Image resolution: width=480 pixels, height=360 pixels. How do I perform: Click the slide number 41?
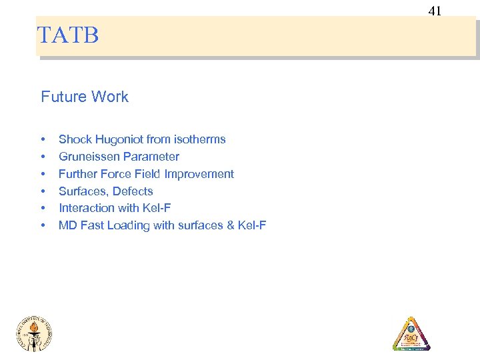click(x=435, y=10)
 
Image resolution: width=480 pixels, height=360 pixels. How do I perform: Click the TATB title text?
click(x=68, y=35)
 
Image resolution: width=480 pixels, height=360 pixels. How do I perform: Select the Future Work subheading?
click(x=85, y=97)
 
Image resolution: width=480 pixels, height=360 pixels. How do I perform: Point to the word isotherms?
click(x=199, y=139)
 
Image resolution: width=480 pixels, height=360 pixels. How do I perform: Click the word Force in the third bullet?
click(x=117, y=174)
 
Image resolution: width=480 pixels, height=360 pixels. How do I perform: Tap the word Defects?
click(x=133, y=191)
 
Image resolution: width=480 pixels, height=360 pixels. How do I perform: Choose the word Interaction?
click(x=87, y=208)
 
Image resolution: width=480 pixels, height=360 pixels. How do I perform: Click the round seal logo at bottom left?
click(x=34, y=332)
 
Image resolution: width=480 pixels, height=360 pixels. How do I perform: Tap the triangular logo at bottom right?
click(x=411, y=334)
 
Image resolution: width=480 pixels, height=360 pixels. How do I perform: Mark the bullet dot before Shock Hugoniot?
click(x=43, y=140)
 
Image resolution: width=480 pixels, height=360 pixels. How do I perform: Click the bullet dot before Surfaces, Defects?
click(x=43, y=192)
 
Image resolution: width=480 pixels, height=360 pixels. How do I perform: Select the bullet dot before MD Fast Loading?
click(x=43, y=226)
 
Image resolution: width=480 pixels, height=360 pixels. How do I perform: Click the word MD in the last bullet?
click(x=67, y=225)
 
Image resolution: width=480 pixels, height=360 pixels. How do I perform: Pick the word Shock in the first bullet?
click(x=74, y=139)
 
